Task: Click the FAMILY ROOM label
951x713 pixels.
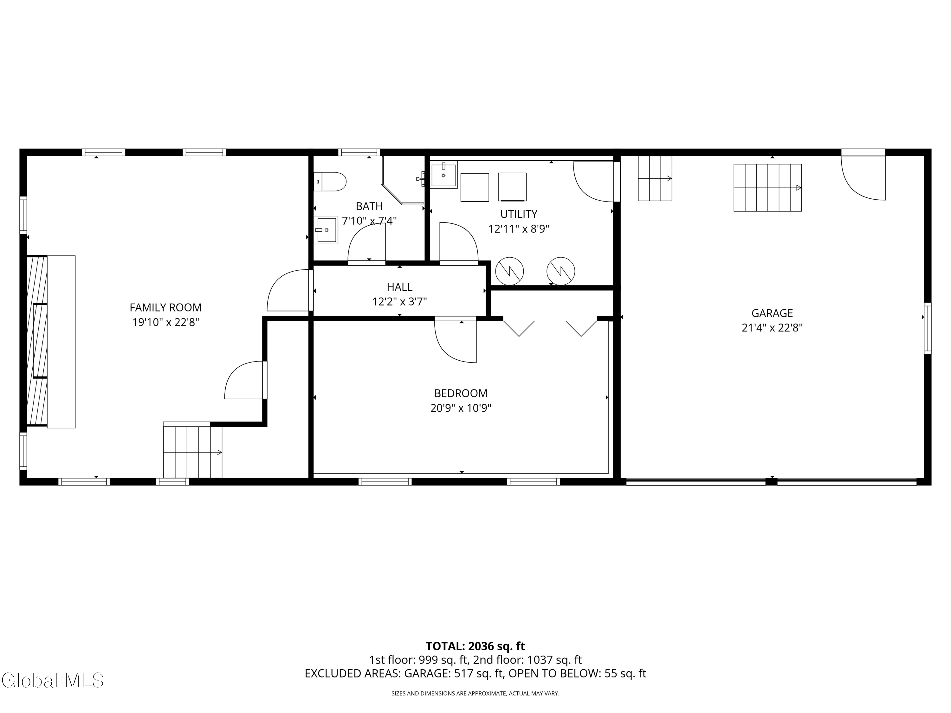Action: point(165,308)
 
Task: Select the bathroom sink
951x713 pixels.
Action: point(326,230)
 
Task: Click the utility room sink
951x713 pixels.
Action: point(443,175)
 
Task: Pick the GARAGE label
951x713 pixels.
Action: point(772,313)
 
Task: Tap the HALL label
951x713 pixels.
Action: point(399,287)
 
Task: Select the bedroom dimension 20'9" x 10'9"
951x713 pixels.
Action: point(461,408)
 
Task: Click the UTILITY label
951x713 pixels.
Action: point(519,214)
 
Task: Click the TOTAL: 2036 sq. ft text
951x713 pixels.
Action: point(475,646)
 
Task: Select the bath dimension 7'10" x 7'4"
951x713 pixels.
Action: point(369,221)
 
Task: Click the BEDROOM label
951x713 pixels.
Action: point(461,393)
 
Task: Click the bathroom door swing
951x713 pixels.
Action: point(367,243)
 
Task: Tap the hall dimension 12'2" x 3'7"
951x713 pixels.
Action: point(399,302)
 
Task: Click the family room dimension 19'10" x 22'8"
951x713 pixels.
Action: point(165,322)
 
